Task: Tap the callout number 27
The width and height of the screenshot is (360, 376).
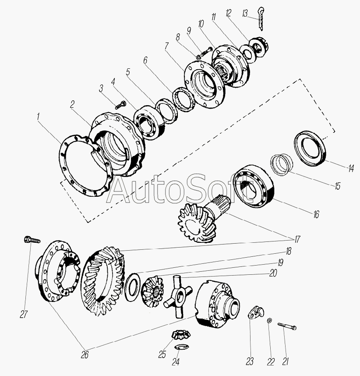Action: coord(24,314)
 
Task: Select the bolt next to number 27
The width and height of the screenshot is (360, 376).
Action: coord(32,240)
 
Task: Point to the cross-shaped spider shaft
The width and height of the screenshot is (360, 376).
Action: coord(178,296)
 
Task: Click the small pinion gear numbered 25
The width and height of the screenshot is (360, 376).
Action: coord(181,334)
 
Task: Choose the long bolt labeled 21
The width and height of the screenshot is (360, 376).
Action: coord(287,326)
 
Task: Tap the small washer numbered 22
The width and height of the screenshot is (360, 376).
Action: coord(269,320)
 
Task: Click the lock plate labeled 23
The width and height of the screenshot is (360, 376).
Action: coord(255,312)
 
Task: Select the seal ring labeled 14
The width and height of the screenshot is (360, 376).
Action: coord(310,149)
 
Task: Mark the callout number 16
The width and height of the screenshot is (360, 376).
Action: coord(316,214)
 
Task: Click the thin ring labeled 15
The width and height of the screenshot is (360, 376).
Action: coord(282,165)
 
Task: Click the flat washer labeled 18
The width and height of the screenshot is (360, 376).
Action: coord(133,287)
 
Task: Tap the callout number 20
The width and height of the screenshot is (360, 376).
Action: coord(272,273)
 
